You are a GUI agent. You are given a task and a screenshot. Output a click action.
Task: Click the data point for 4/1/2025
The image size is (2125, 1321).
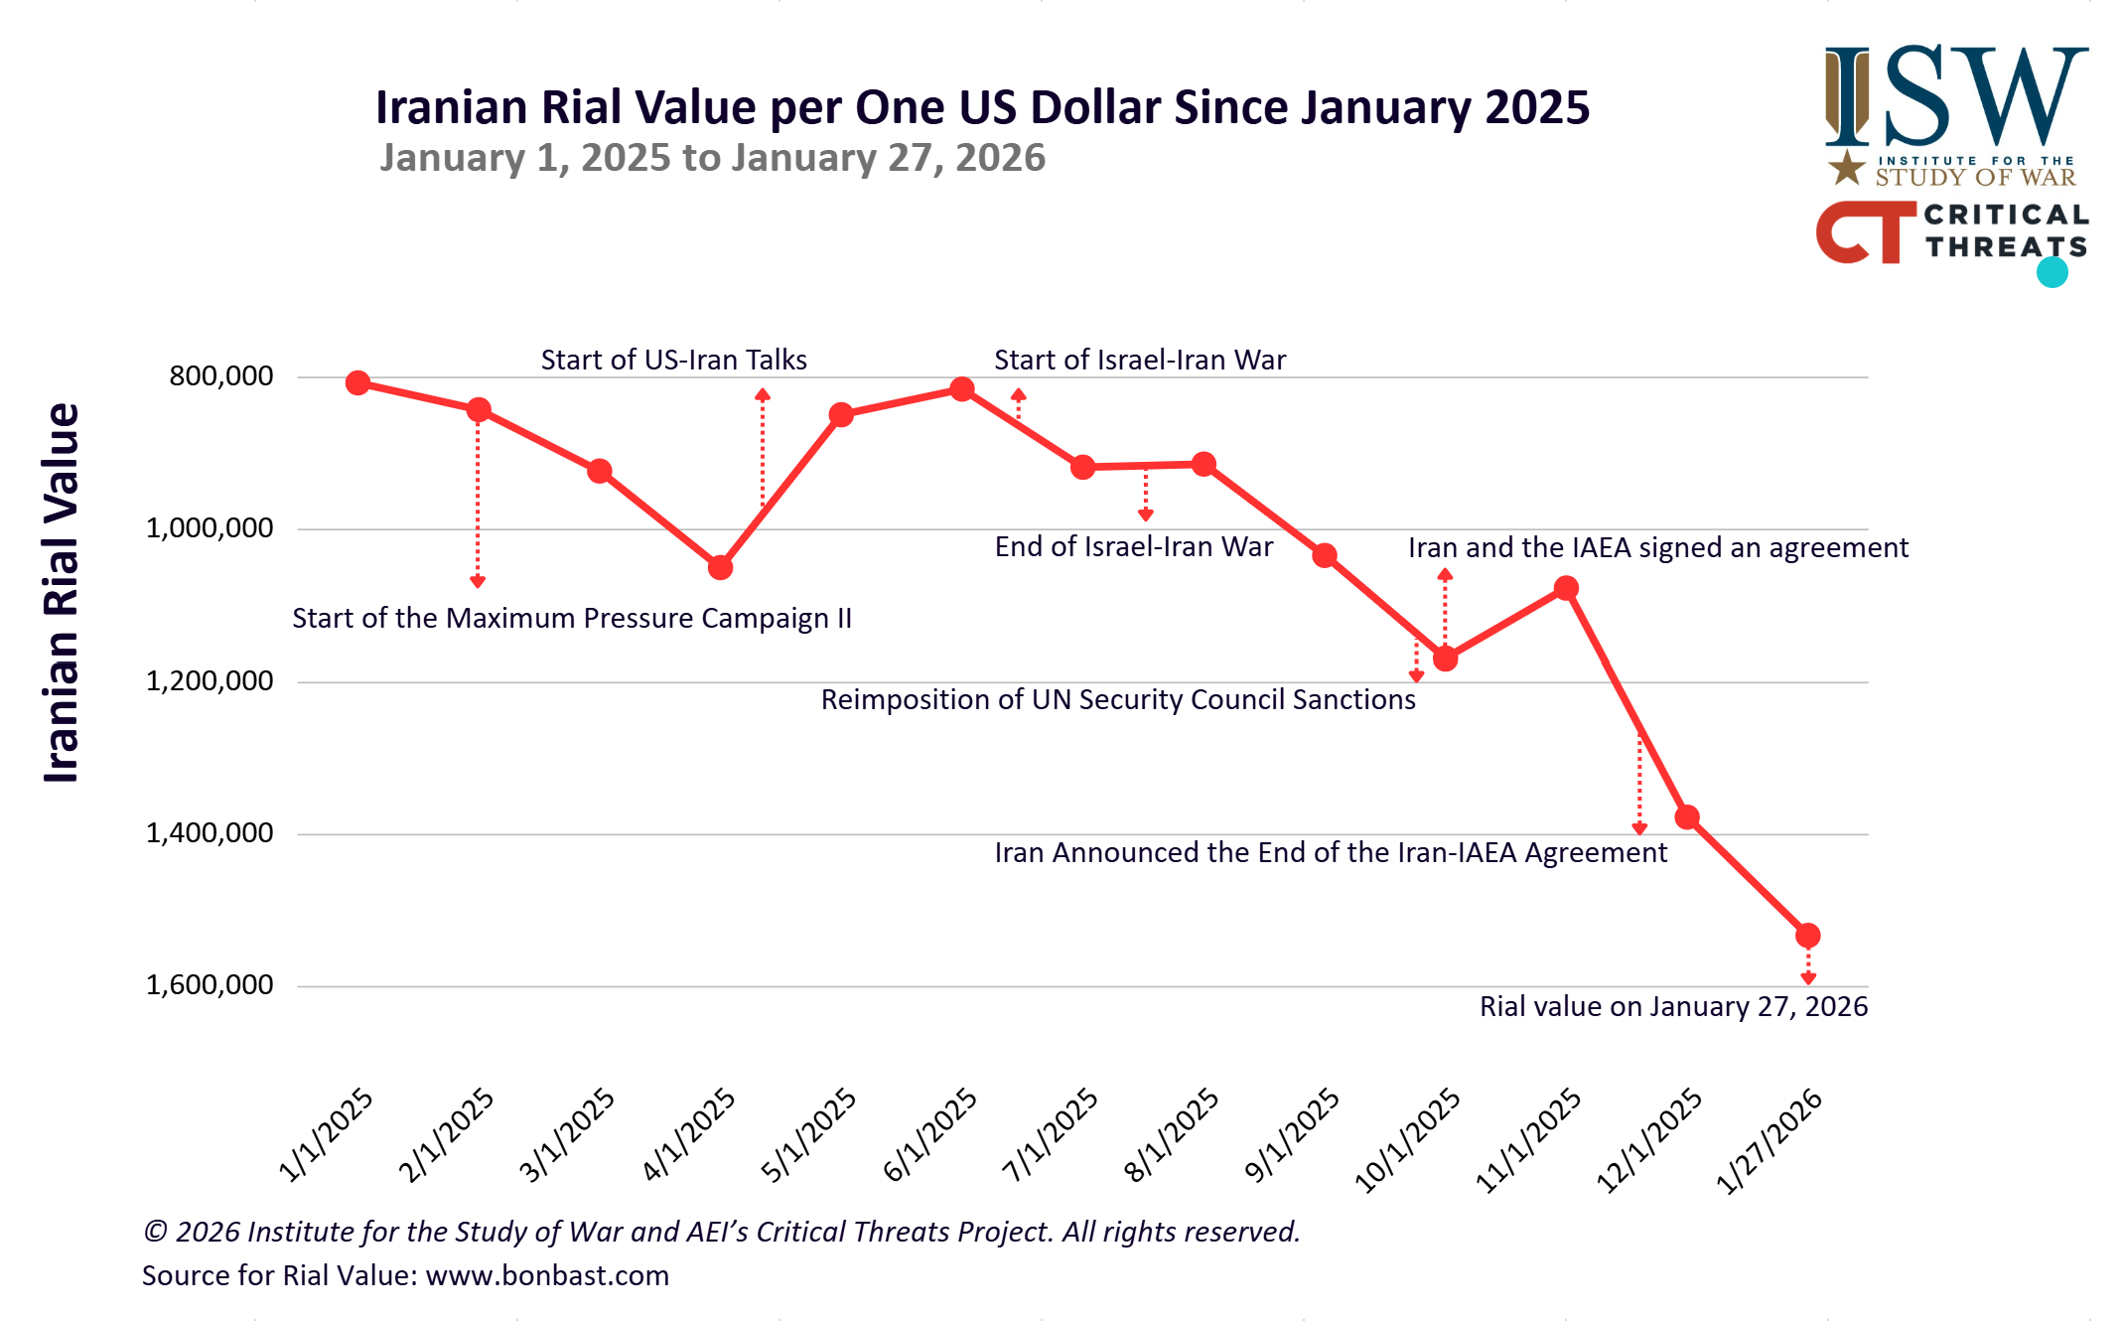[721, 567]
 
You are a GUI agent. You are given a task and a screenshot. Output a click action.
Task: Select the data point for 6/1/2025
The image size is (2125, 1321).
[961, 389]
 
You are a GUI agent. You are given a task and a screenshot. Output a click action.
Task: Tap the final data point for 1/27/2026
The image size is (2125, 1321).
[1808, 936]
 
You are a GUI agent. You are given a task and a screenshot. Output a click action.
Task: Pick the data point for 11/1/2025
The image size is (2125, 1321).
[1566, 588]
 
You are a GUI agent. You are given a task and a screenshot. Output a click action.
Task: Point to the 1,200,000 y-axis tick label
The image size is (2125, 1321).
[210, 680]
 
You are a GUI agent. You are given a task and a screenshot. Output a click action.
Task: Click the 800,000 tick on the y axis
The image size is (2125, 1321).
[221, 375]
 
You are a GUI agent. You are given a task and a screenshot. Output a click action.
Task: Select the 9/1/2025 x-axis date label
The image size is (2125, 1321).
[1293, 1134]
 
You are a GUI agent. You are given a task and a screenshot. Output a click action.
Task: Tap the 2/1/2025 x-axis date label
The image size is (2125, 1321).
[447, 1134]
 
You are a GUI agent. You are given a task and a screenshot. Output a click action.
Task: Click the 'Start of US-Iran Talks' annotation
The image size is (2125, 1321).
[673, 360]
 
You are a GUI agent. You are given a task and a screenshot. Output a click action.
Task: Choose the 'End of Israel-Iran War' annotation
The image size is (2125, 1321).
[1133, 547]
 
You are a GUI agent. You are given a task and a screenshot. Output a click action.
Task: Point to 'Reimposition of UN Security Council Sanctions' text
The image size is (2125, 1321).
[1118, 700]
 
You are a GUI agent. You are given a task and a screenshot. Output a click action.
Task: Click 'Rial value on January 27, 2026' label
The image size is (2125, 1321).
[1673, 1007]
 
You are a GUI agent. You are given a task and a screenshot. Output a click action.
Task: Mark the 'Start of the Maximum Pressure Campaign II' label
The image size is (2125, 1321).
[572, 619]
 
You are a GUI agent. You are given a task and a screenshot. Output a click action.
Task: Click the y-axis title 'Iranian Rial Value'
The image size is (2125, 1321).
[62, 593]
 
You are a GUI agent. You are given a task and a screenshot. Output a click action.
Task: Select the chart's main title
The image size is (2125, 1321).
[982, 107]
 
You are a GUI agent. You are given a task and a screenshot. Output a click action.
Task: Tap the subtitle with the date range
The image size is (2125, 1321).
[712, 158]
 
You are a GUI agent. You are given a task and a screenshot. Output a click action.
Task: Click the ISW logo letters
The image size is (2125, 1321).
[1956, 96]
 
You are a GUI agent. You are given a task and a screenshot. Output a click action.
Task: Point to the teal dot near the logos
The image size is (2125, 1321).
[2052, 272]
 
